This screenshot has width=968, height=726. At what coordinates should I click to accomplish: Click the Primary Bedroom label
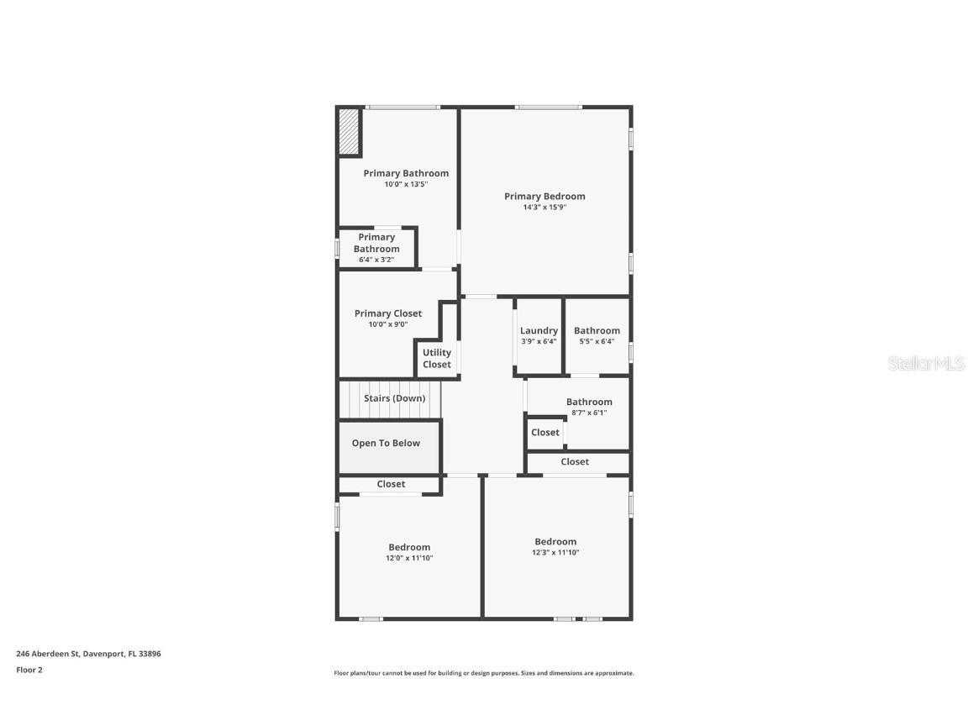[544, 197]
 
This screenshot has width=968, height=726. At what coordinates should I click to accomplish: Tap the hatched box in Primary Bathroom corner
[349, 133]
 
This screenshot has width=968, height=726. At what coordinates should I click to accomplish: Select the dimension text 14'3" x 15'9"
[544, 208]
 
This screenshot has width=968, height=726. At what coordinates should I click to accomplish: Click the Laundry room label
[539, 331]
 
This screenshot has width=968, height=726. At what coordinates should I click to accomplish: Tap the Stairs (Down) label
[394, 398]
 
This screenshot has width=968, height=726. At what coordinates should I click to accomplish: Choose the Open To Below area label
[386, 444]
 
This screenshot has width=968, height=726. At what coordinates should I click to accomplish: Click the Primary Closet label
[388, 313]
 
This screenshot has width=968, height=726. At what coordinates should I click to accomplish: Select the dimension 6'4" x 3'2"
[376, 260]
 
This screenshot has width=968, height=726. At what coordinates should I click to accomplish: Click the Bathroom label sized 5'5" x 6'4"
[597, 331]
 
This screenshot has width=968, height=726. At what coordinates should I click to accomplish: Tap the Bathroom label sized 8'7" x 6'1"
[589, 402]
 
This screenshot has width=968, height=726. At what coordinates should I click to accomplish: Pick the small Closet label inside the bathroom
[545, 433]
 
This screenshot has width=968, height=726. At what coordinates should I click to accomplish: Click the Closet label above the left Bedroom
[391, 485]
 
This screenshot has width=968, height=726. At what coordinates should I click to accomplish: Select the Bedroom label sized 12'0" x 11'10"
[409, 548]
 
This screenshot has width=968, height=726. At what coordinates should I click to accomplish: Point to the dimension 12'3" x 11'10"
[555, 553]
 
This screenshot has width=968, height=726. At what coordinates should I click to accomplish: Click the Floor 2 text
[29, 671]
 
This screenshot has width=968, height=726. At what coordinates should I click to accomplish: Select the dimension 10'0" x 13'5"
[407, 184]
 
